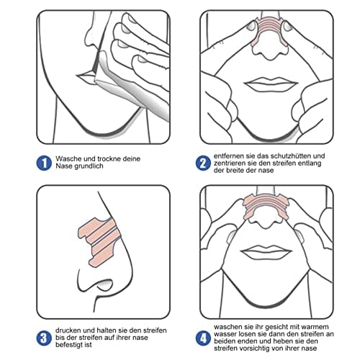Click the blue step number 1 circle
coord(44,163)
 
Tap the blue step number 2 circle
coord(203,163)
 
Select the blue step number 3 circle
coord(44,338)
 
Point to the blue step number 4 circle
coord(203,338)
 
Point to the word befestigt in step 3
coord(69,345)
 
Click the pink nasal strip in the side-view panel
coord(99,242)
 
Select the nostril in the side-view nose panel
coord(103,284)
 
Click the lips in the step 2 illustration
coord(271,84)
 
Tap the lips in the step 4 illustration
coord(266,252)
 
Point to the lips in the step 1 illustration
coord(86,78)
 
